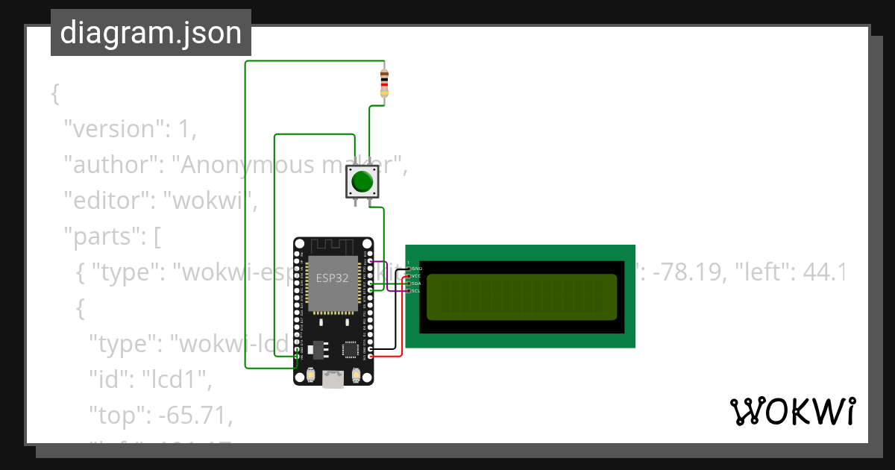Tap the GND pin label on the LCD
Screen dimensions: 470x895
coord(416,268)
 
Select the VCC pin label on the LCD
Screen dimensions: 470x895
coord(416,275)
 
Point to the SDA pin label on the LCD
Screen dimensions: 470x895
coord(416,283)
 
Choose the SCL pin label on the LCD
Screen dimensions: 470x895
coord(416,290)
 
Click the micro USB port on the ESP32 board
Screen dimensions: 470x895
coord(333,380)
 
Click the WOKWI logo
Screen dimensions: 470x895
coord(792,412)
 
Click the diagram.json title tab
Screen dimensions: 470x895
coord(151,33)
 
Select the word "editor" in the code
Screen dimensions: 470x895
coord(104,201)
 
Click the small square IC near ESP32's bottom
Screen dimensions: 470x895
coord(350,349)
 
